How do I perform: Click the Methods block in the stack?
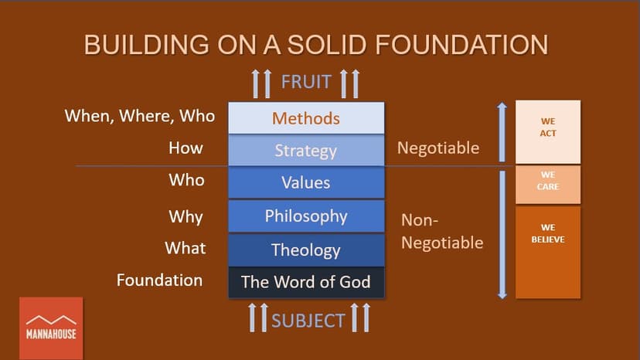coord(306,118)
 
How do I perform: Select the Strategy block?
coord(306,151)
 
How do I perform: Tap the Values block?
coord(306,183)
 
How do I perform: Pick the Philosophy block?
coord(306,216)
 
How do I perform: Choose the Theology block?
coord(306,250)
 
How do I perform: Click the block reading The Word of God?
coord(306,282)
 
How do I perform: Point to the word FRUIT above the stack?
coord(307,82)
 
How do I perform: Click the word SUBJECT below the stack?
coord(308,320)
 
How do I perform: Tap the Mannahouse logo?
coord(51,328)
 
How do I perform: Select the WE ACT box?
coord(548,132)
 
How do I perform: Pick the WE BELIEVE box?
coord(548,252)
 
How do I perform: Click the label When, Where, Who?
coord(140,117)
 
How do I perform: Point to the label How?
coord(186,148)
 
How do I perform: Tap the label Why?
coord(186,216)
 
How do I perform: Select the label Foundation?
coord(160,280)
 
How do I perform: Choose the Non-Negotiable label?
coord(442,232)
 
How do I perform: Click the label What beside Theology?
coord(186,248)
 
